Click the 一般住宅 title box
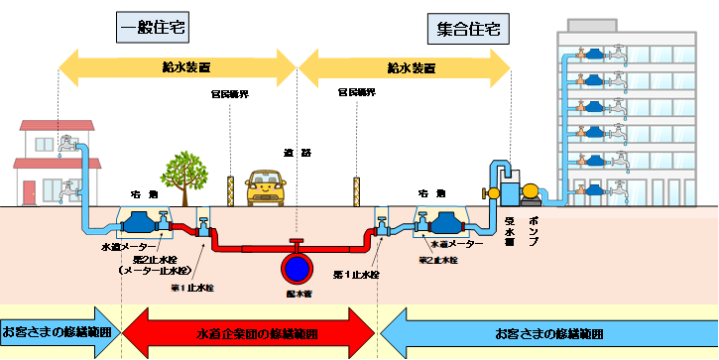(153, 26)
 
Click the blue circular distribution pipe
(296, 269)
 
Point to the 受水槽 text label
(507, 229)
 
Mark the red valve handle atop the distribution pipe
(296, 242)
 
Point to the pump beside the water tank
(532, 191)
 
